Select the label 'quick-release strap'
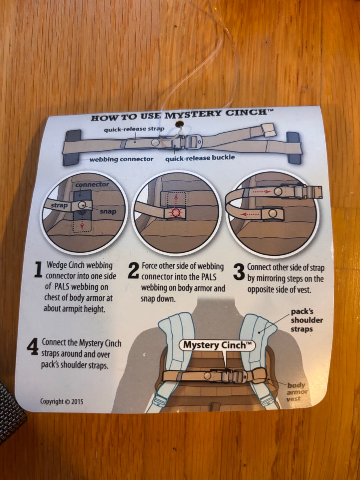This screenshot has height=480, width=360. pos(134,130)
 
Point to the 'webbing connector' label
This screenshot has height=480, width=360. pos(121,159)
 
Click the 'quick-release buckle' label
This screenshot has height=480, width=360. pos(200,157)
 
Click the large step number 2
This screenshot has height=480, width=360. pos(134,270)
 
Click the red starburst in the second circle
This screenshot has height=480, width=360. pos(176,212)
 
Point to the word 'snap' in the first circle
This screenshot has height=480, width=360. pos(108,211)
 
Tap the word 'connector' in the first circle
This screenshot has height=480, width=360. pos(92,184)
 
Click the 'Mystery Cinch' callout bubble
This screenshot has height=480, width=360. pos(217,345)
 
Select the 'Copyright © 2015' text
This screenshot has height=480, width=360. pos(61,402)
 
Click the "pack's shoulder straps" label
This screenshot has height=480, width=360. pos(306,320)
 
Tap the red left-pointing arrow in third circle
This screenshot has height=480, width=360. pos(250,214)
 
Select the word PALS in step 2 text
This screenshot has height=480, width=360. pos(208,277)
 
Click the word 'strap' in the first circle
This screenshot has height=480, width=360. pos(59,205)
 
